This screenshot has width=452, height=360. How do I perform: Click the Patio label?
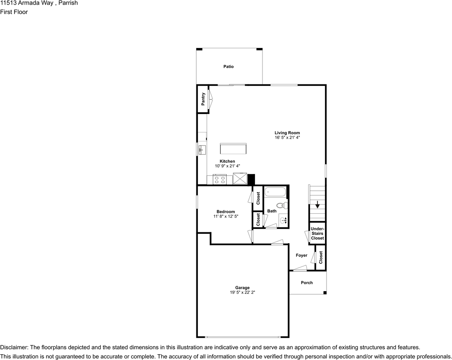pyautogui.click(x=228, y=67)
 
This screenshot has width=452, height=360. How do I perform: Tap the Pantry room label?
pyautogui.click(x=204, y=99)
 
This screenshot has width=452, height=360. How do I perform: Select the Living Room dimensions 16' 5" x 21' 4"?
pyautogui.click(x=287, y=138)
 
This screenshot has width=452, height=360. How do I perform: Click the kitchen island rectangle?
pyautogui.click(x=233, y=148)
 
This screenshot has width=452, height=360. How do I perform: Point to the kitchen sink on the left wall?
pyautogui.click(x=202, y=150)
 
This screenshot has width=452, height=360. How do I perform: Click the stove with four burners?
pyautogui.click(x=220, y=179)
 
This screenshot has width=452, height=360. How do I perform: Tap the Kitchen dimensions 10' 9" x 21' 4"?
pyautogui.click(x=227, y=166)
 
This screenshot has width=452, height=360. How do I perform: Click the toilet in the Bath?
pyautogui.click(x=282, y=206)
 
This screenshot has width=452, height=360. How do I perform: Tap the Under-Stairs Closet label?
pyautogui.click(x=317, y=233)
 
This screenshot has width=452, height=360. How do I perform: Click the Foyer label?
pyautogui.click(x=302, y=255)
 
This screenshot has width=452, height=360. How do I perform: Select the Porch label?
pyautogui.click(x=307, y=282)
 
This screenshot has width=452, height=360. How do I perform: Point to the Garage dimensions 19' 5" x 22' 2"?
pyautogui.click(x=242, y=292)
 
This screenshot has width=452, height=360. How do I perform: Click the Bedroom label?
pyautogui.click(x=226, y=212)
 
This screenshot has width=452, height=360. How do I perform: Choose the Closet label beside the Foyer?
pyautogui.click(x=321, y=258)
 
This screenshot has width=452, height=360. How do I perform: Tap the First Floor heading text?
pyautogui.click(x=14, y=12)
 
